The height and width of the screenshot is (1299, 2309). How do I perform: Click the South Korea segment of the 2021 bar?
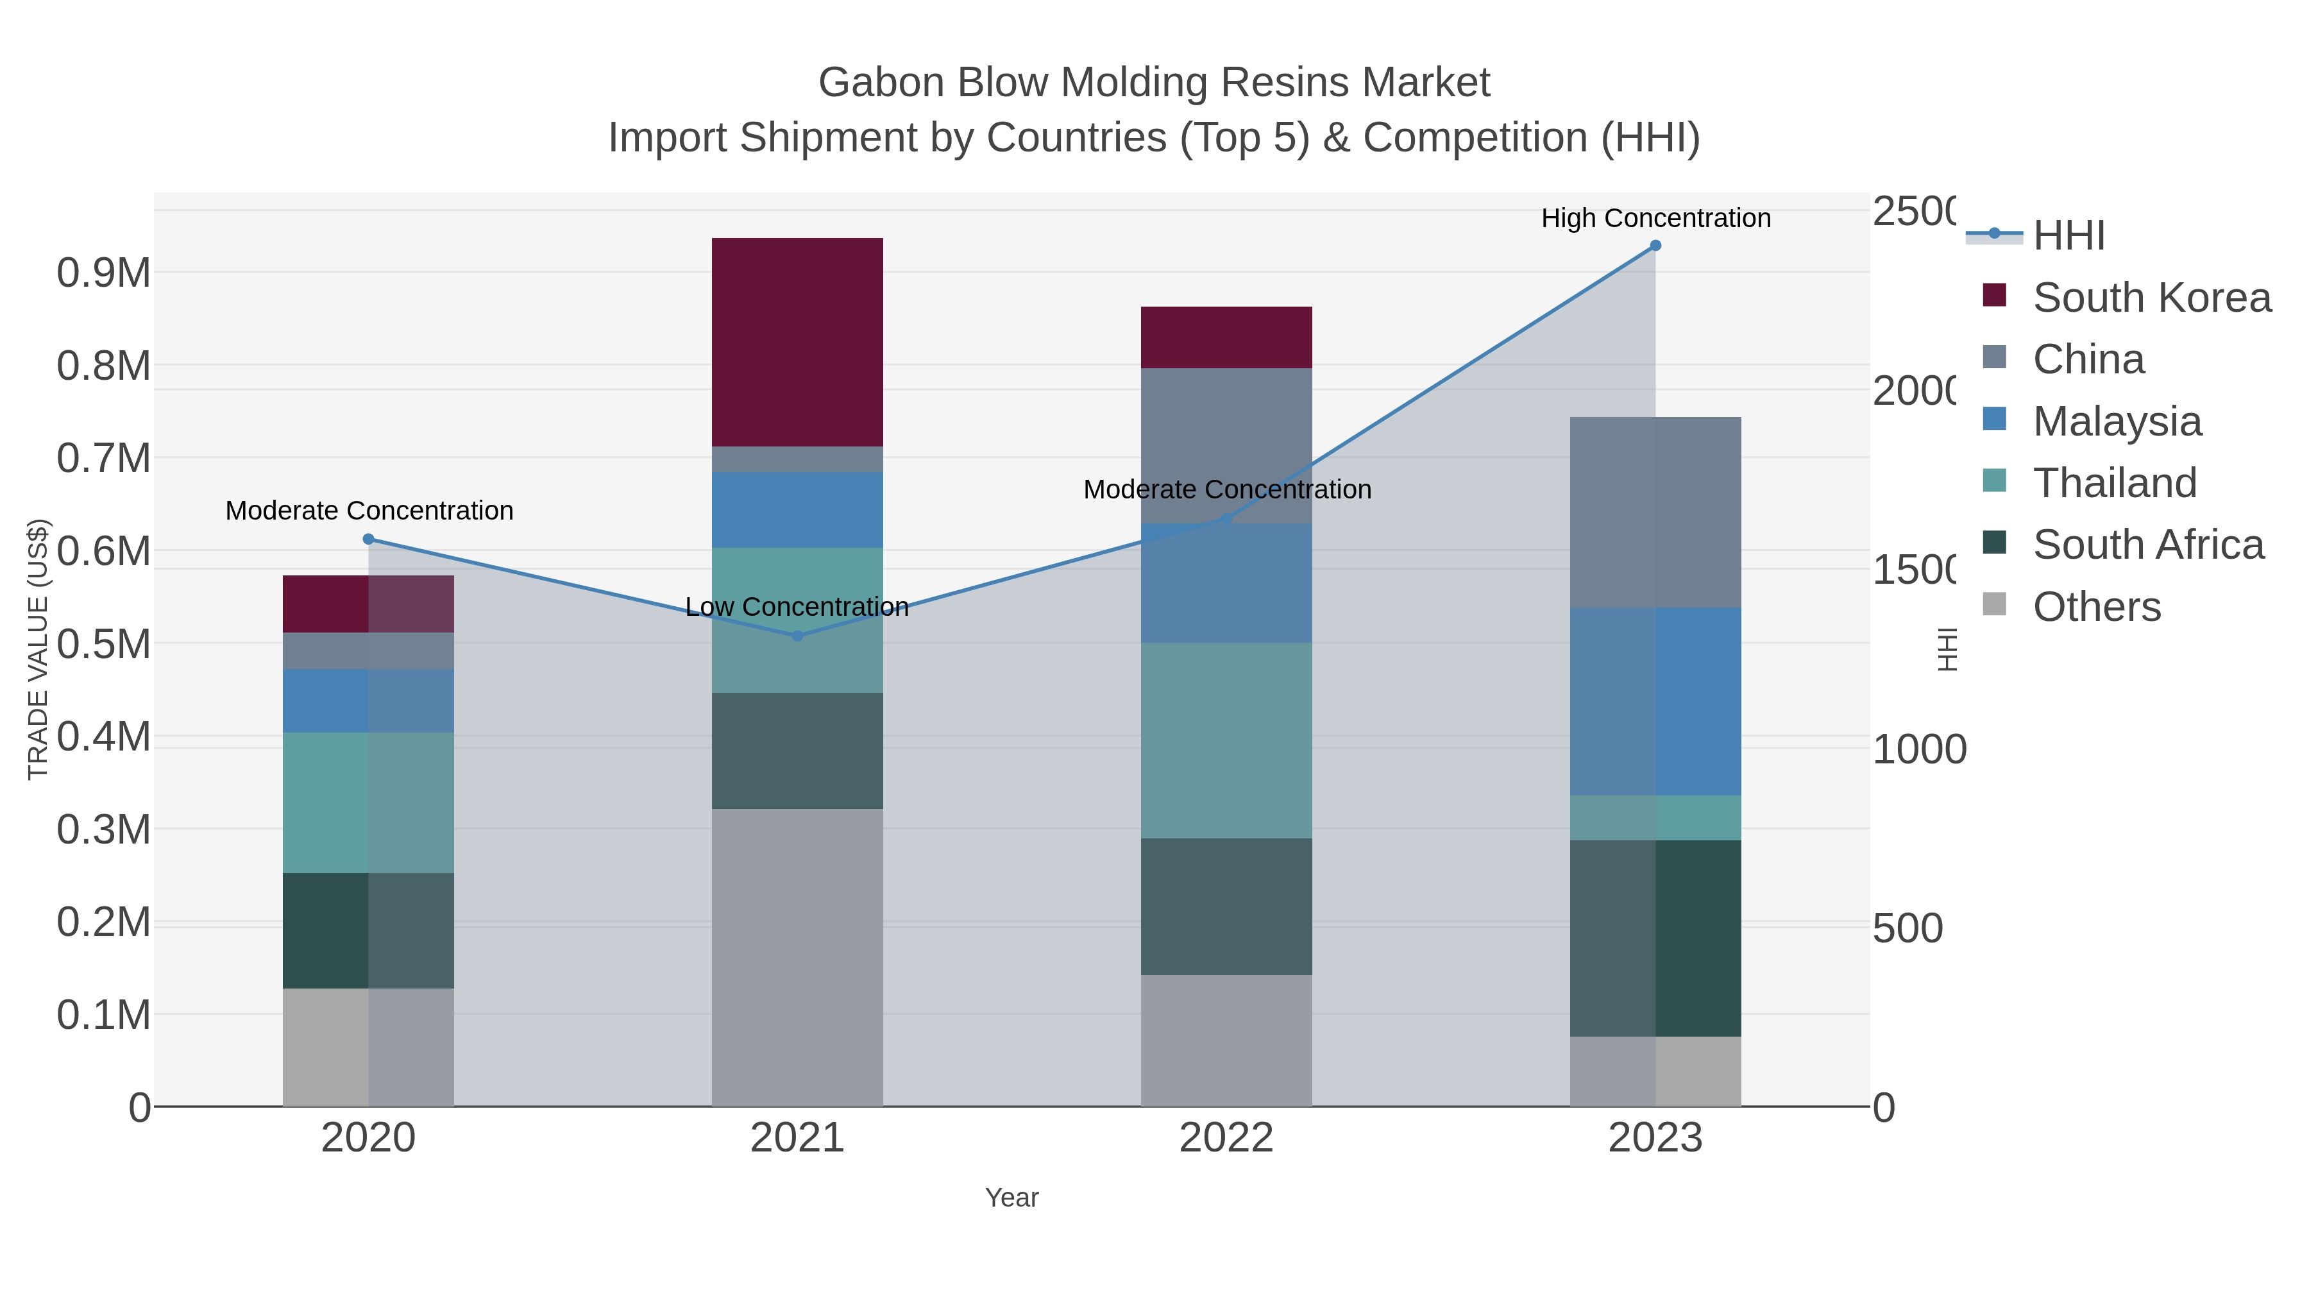797,343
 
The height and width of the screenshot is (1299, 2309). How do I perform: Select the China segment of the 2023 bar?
1655,512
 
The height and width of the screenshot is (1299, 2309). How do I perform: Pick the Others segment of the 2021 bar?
797,958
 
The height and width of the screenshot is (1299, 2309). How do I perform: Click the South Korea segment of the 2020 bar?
368,604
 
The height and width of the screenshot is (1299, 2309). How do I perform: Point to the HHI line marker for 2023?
1655,246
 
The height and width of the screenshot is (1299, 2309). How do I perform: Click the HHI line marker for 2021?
797,636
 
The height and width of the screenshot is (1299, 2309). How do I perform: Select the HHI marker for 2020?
368,539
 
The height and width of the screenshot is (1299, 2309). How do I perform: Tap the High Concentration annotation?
1655,218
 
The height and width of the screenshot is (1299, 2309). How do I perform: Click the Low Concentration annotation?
796,607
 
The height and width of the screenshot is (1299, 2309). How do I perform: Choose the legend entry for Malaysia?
2115,421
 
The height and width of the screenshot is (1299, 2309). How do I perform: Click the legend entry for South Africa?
2147,545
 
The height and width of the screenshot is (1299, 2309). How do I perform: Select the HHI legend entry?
2068,236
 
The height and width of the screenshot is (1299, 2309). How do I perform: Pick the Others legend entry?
2095,607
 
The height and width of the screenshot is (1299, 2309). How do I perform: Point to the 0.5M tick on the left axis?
103,643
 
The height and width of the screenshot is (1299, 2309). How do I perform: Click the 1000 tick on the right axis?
1918,749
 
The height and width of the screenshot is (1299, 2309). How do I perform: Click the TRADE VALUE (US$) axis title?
38,649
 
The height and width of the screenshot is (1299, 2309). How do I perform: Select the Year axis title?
1011,1198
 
